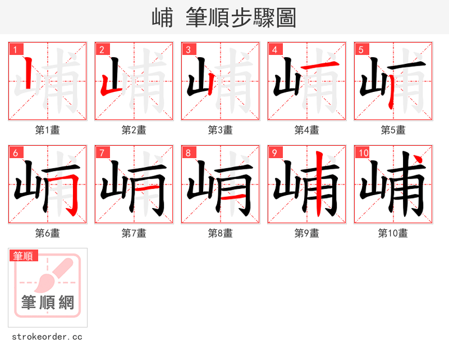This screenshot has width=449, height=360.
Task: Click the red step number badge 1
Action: click(15, 49)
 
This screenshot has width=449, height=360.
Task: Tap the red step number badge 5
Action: click(361, 49)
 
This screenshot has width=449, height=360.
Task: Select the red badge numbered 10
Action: click(363, 153)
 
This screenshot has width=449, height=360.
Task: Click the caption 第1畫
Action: click(48, 130)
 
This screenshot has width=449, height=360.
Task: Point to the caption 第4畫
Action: click(307, 130)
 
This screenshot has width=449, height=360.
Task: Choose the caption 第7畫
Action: click(134, 233)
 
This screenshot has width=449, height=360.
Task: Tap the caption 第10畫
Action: click(393, 233)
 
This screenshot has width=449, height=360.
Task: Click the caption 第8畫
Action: click(221, 233)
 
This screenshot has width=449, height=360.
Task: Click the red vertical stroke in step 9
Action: click(318, 185)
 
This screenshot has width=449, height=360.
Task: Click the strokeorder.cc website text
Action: click(47, 337)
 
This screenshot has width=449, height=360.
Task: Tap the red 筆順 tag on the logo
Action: click(24, 256)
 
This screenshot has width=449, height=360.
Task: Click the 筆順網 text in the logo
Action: click(48, 303)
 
